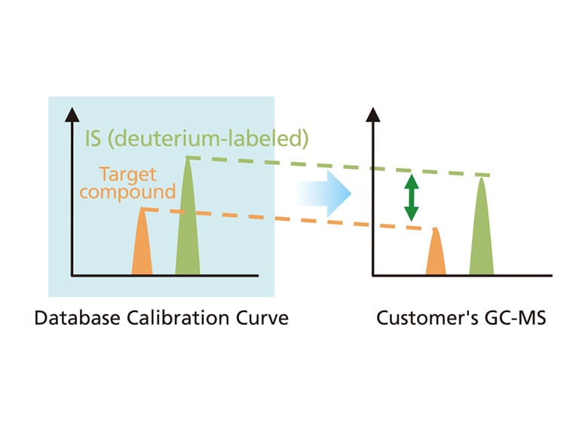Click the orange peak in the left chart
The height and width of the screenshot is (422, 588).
coord(142,249)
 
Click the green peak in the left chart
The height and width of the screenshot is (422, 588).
coord(188,226)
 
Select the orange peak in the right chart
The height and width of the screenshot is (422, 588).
coord(436,256)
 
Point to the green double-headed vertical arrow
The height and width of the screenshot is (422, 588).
coord(411,197)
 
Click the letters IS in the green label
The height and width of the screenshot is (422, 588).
coord(93,139)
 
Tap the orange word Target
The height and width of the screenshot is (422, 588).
coord(127,175)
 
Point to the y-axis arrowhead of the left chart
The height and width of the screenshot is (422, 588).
coord(72,114)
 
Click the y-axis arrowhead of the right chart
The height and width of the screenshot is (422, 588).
coord(372,114)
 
